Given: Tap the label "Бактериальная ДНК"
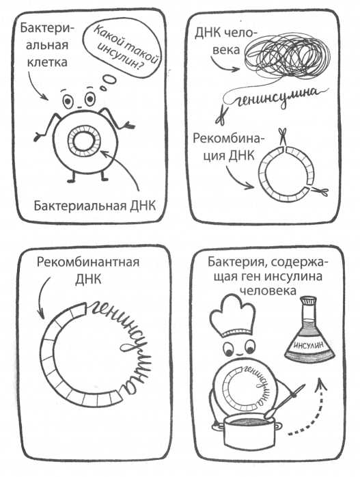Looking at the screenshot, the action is coord(94,206).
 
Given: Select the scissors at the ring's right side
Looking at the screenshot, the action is coord(318,191).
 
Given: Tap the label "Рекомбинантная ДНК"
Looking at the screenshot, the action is coord(88,270).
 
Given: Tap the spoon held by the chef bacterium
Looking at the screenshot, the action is coord(285,400).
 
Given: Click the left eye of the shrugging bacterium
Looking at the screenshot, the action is coord(68,100).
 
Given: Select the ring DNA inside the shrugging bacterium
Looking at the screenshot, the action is coord(83,141).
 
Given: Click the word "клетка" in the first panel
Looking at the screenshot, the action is coord(47,62).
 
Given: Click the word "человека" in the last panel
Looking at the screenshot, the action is coord(268,291).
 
